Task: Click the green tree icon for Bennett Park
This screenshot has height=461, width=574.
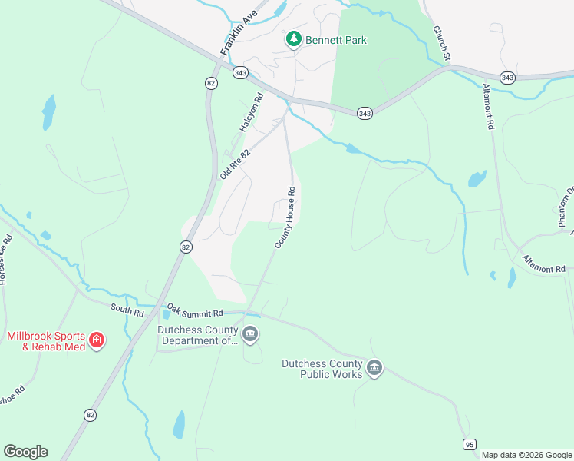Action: [293, 39]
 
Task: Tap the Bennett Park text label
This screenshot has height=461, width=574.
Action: [335, 40]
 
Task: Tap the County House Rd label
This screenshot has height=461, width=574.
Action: [285, 217]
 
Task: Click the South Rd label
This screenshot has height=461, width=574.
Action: [127, 308]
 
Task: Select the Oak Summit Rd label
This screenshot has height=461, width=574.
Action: [195, 313]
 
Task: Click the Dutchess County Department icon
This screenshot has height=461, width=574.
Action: [250, 334]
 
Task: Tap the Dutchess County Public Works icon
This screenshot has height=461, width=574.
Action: [374, 370]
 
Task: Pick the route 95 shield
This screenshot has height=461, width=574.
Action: [469, 443]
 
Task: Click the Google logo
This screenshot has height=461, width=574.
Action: [25, 452]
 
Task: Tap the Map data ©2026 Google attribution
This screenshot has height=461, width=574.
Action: [526, 455]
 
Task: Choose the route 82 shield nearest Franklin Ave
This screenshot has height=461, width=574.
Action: [210, 83]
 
